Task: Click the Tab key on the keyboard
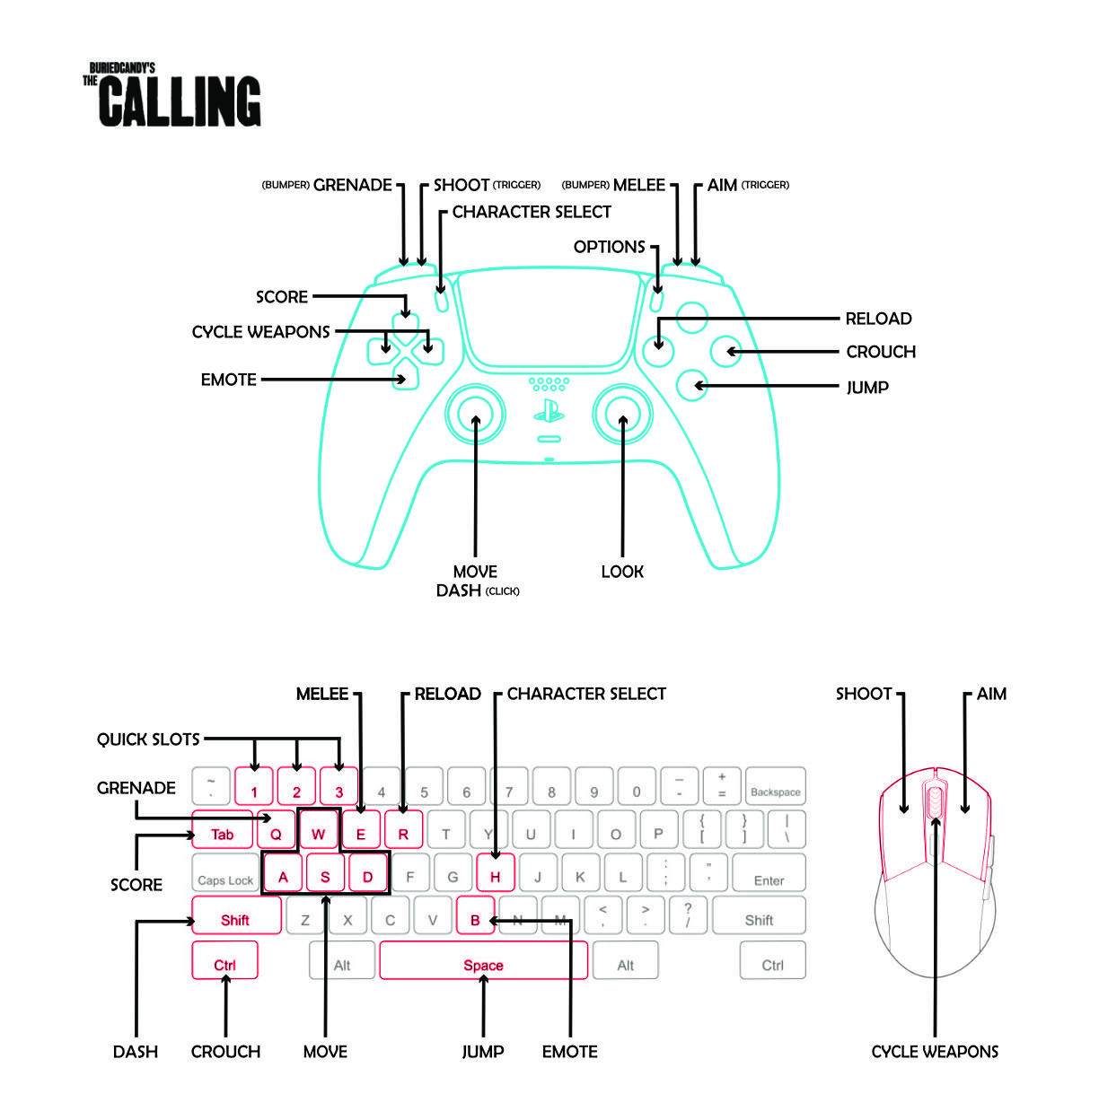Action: pyautogui.click(x=222, y=829)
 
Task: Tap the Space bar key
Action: pyautogui.click(x=483, y=960)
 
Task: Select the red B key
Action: pyautogui.click(x=475, y=915)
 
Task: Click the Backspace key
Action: pyautogui.click(x=775, y=786)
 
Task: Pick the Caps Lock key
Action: pyautogui.click(x=225, y=872)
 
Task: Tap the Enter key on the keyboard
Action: pyautogui.click(x=769, y=872)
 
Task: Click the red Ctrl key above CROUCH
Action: pyautogui.click(x=224, y=960)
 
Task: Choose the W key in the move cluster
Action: pyautogui.click(x=318, y=829)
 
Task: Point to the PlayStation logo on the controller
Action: pyautogui.click(x=549, y=410)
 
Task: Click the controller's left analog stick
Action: pyautogui.click(x=475, y=414)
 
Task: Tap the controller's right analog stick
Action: pyautogui.click(x=622, y=414)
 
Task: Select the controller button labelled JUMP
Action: pyautogui.click(x=691, y=385)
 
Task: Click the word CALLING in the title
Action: pyautogui.click(x=180, y=101)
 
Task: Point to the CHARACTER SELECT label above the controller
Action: pyautogui.click(x=532, y=212)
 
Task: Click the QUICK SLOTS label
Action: pyautogui.click(x=148, y=739)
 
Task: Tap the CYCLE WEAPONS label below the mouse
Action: pyautogui.click(x=935, y=1052)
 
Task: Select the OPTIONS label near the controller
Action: pyautogui.click(x=609, y=247)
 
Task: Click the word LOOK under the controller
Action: pyautogui.click(x=622, y=572)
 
